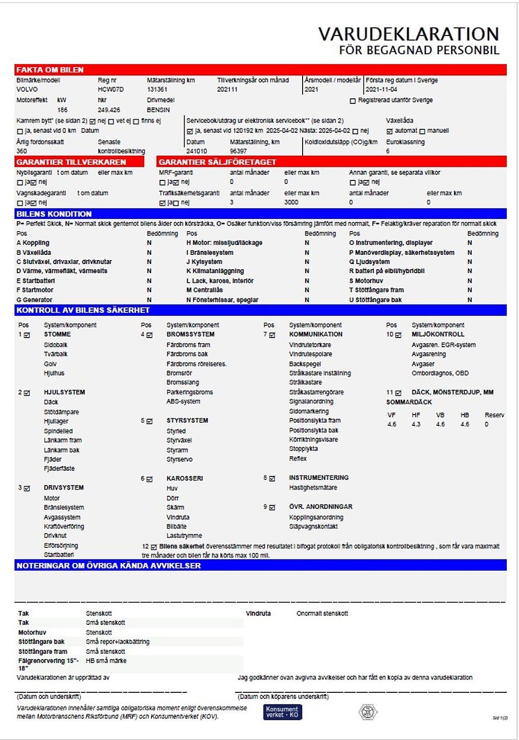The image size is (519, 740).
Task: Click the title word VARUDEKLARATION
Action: coord(409,34)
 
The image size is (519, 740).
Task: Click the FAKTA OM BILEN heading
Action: coord(50,70)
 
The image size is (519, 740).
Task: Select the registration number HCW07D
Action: coord(110,89)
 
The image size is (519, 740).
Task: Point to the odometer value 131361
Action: coord(157,89)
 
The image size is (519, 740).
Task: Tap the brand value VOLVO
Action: coord(27,89)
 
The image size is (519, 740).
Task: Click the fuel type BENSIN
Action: coord(158,109)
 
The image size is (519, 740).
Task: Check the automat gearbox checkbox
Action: coord(390,131)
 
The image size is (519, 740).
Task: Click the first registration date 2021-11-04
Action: coord(381,89)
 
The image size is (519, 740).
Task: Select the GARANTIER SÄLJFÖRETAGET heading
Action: coord(217,162)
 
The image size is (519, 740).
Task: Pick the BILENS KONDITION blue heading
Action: coord(54,214)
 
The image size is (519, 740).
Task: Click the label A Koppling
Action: coord(33,243)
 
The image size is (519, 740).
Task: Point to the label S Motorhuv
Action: coord(366,281)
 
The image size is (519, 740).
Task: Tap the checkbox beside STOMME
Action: coord(27,335)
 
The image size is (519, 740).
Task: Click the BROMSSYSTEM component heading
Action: coord(190,335)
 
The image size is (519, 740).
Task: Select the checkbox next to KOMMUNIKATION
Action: coord(272,335)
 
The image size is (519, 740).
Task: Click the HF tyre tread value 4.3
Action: coord(416,424)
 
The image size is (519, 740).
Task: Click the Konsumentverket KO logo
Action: coord(282,712)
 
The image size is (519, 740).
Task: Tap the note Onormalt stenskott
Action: coord(322,613)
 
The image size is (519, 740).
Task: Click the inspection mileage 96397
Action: coord(238,151)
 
